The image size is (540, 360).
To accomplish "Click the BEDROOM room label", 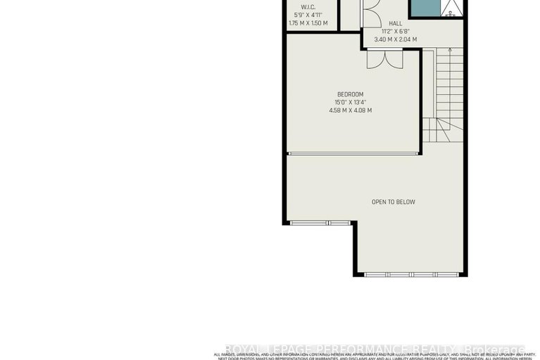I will (x=350, y=94).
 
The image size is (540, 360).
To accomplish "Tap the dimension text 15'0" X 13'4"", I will (x=350, y=102).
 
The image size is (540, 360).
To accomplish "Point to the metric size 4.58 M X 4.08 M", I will (x=350, y=110).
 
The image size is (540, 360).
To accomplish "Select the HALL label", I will (x=395, y=23).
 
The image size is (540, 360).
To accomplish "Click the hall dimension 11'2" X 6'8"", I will (x=395, y=31).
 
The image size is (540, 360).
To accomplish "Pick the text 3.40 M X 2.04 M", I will (x=395, y=39).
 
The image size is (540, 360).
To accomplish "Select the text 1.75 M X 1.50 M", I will (x=309, y=23).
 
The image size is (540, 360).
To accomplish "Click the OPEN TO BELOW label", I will (x=393, y=202).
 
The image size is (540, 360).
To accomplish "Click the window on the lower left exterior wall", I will (x=320, y=223).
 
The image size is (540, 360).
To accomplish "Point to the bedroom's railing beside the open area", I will (x=353, y=153).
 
